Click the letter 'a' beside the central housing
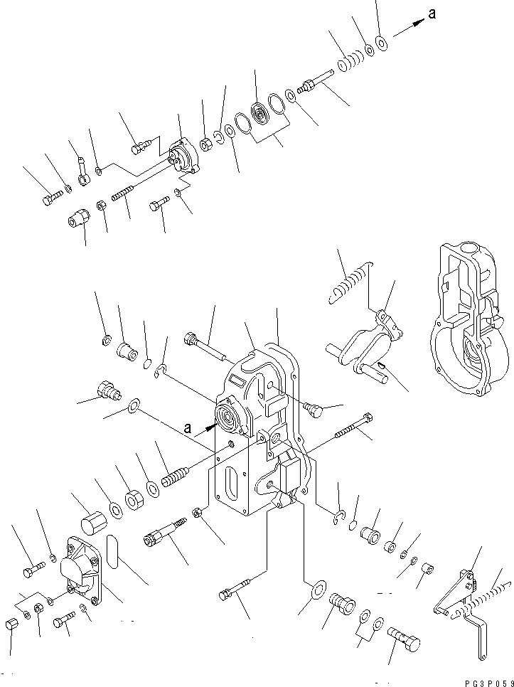[x=187, y=427]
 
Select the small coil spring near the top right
[x=348, y=63]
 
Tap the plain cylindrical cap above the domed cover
[x=90, y=526]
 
